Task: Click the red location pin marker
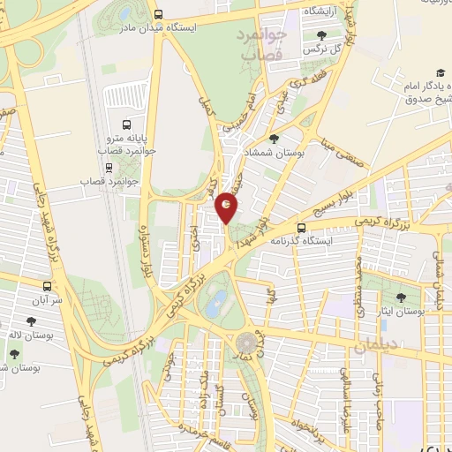[x=227, y=207]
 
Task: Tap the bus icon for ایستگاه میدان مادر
[x=158, y=15]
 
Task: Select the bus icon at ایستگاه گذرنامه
[x=301, y=228]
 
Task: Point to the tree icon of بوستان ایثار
[x=402, y=298]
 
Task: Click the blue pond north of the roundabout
[x=215, y=306]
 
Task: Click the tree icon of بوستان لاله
[x=15, y=353]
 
